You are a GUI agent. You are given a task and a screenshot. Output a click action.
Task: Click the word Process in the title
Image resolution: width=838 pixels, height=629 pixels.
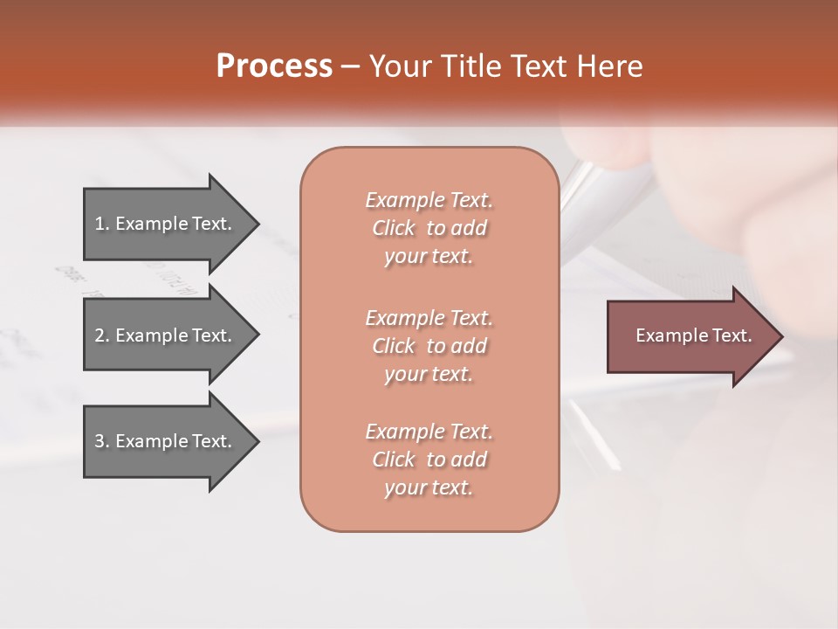tap(274, 66)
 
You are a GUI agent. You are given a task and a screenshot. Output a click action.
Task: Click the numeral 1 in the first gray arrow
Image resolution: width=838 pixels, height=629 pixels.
tap(100, 224)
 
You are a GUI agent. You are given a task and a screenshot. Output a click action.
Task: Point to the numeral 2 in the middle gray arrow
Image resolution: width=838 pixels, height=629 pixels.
tap(100, 335)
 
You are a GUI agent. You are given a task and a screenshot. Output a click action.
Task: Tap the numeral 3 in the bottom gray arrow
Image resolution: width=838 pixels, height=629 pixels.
tap(100, 441)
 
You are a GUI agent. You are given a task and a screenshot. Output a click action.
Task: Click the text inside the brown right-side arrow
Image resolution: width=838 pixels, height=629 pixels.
tap(693, 335)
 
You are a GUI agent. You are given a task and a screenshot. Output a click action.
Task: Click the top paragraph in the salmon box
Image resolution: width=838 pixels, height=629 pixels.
tap(429, 228)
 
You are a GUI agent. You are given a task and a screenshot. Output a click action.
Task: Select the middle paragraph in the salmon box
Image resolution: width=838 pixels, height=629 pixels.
tap(429, 346)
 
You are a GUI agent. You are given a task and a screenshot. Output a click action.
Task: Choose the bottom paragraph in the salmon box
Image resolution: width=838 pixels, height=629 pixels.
tap(429, 460)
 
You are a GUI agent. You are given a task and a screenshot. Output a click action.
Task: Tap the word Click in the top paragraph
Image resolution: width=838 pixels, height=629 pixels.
tap(394, 228)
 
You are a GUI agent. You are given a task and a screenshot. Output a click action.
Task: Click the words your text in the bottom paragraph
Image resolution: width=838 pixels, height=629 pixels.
tap(429, 487)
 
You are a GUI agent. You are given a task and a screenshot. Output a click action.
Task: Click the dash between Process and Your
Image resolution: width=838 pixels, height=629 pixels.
tap(351, 67)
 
